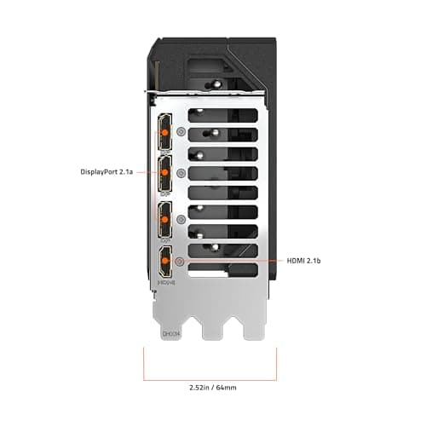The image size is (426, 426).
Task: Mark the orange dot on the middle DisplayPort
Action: coord(164,171)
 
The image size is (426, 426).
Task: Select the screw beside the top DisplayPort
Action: coord(181,133)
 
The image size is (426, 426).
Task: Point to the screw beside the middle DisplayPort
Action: coord(181,172)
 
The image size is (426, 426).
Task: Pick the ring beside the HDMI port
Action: coord(181,260)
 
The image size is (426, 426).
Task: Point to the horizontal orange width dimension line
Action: coord(213,376)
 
